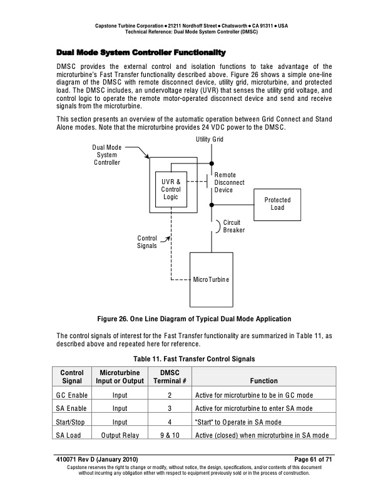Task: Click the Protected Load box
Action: pyautogui.click(x=277, y=204)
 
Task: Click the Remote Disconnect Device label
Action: pyautogui.click(x=229, y=182)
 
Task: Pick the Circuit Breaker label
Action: pyautogui.click(x=233, y=226)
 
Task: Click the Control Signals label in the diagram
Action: pyautogui.click(x=147, y=242)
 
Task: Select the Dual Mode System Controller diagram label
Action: pyautogui.click(x=106, y=155)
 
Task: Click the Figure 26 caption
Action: pyautogui.click(x=192, y=319)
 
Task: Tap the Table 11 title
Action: pyautogui.click(x=191, y=359)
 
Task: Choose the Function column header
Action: pyautogui.click(x=263, y=381)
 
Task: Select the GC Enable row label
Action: pyautogui.click(x=71, y=395)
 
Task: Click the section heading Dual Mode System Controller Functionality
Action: pyautogui.click(x=141, y=51)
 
